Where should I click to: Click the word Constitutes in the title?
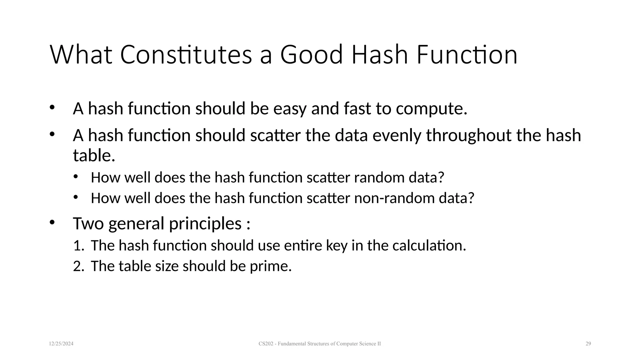tap(186, 55)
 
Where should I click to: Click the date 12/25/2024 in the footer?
tap(61, 344)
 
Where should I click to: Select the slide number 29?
tap(588, 344)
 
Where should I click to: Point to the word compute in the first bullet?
tap(431, 109)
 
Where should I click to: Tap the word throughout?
tap(469, 136)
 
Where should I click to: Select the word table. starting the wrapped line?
tap(94, 155)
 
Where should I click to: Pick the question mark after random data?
tap(441, 177)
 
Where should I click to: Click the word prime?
tap(270, 266)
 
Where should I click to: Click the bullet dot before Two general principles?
tap(52, 222)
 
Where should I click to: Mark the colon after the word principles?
tap(248, 224)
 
